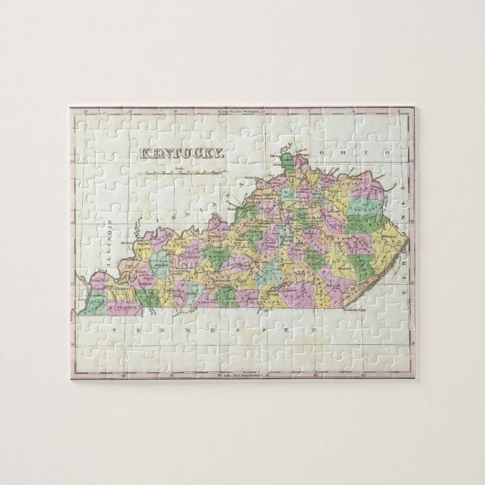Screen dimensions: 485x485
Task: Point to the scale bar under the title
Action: click(178, 171)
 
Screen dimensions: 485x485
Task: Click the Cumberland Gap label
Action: click(361, 310)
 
